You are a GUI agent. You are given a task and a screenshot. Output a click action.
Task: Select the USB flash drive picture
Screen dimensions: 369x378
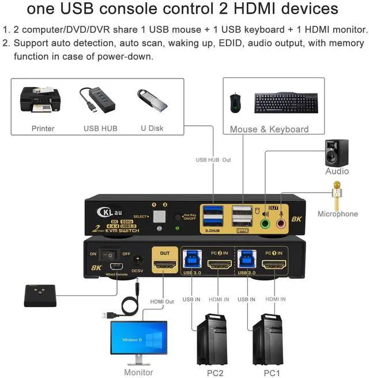coord(152,100)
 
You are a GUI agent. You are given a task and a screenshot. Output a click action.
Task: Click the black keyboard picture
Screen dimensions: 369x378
coord(286,103)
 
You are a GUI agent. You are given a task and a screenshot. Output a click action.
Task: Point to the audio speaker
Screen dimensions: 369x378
coord(337,152)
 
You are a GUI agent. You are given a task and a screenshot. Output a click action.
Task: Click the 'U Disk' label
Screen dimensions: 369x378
coord(152,128)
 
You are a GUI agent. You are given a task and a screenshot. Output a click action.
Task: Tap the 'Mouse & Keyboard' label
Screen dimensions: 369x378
coord(269,129)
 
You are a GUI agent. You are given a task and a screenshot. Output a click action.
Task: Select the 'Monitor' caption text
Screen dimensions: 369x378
coord(138,372)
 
